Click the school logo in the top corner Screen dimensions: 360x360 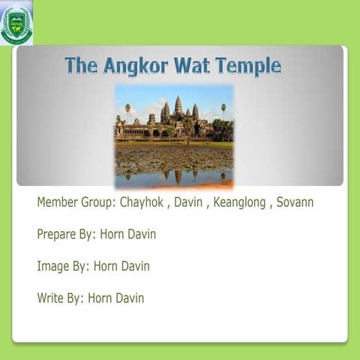click(16, 22)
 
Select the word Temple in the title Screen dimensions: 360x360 click(247, 66)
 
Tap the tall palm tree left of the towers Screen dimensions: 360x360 click(127, 110)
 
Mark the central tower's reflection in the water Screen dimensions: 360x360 click(178, 177)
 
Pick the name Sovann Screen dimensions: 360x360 click(295, 202)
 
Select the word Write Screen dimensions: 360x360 click(50, 298)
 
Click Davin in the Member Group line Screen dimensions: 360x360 click(188, 202)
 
